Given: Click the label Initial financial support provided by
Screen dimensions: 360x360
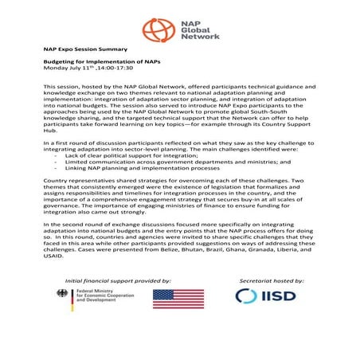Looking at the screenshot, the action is (x=118, y=281).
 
